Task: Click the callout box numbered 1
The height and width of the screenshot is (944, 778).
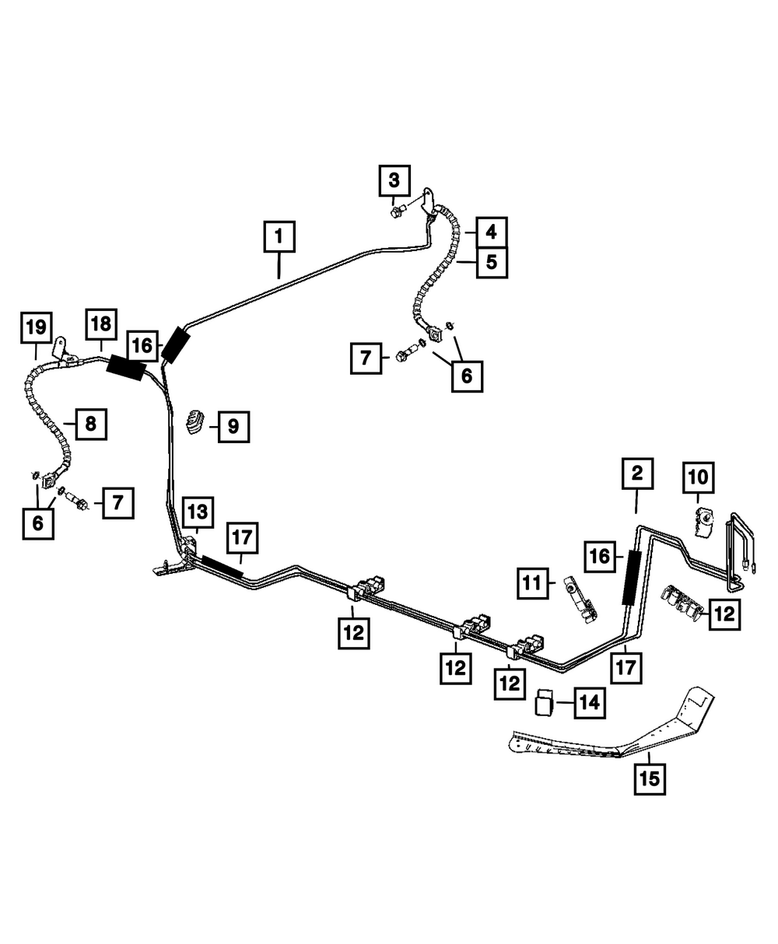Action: click(x=279, y=237)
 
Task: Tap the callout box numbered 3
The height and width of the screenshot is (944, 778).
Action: click(x=394, y=182)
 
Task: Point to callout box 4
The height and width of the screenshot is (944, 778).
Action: click(x=491, y=232)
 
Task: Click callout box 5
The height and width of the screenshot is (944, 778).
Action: click(x=491, y=262)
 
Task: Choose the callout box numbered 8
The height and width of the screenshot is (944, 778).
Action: click(x=90, y=424)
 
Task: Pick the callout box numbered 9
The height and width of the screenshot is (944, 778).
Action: click(x=233, y=426)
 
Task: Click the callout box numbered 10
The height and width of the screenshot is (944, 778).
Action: click(x=697, y=477)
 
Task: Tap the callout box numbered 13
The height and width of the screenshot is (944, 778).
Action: click(x=197, y=512)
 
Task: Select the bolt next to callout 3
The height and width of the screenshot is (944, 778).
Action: click(x=398, y=210)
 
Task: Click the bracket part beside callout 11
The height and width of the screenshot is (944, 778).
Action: click(x=578, y=600)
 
